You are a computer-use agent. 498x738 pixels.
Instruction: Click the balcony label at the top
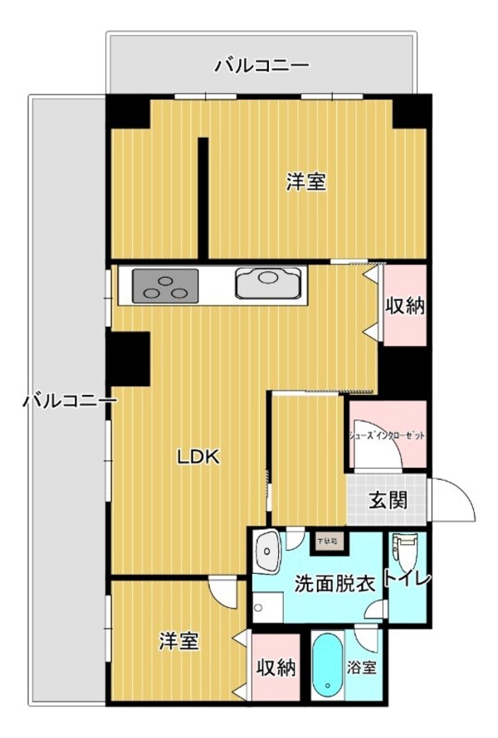(x=261, y=64)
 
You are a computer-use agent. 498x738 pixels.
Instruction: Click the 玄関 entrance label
(x=388, y=500)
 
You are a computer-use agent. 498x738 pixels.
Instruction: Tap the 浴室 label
(x=362, y=667)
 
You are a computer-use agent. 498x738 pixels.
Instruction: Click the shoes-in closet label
(x=385, y=433)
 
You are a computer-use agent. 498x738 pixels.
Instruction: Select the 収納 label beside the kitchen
(x=405, y=306)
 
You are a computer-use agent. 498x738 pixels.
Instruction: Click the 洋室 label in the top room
(x=306, y=182)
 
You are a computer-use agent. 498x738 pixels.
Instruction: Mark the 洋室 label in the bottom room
(x=179, y=641)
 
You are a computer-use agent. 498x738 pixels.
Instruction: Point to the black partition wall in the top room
(x=202, y=197)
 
